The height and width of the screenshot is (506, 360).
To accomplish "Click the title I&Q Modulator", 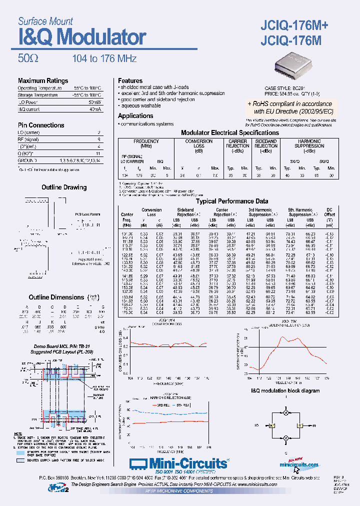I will pos(82,38).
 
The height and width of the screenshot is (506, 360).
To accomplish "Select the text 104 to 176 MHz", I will pos(104,58).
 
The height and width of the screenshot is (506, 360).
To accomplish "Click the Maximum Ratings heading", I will pos(43,80).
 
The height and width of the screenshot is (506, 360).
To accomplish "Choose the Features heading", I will pos(130,80).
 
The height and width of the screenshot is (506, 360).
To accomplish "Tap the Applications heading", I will pos(135,115).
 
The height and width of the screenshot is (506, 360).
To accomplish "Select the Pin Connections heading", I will pos(41,125).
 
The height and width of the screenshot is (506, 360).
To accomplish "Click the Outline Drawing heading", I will pos(63,187).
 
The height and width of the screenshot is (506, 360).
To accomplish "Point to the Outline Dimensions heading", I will pos(56,297).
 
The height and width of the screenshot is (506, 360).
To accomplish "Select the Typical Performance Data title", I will pos(231,201).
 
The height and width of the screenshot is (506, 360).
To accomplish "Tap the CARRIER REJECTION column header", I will pos(237,144).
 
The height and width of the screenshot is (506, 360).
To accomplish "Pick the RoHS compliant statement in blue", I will pos(289,107).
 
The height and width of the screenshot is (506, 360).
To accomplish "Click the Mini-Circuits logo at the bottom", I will pos(178,463).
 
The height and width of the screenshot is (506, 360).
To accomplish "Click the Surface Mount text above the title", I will pos(45,21).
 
